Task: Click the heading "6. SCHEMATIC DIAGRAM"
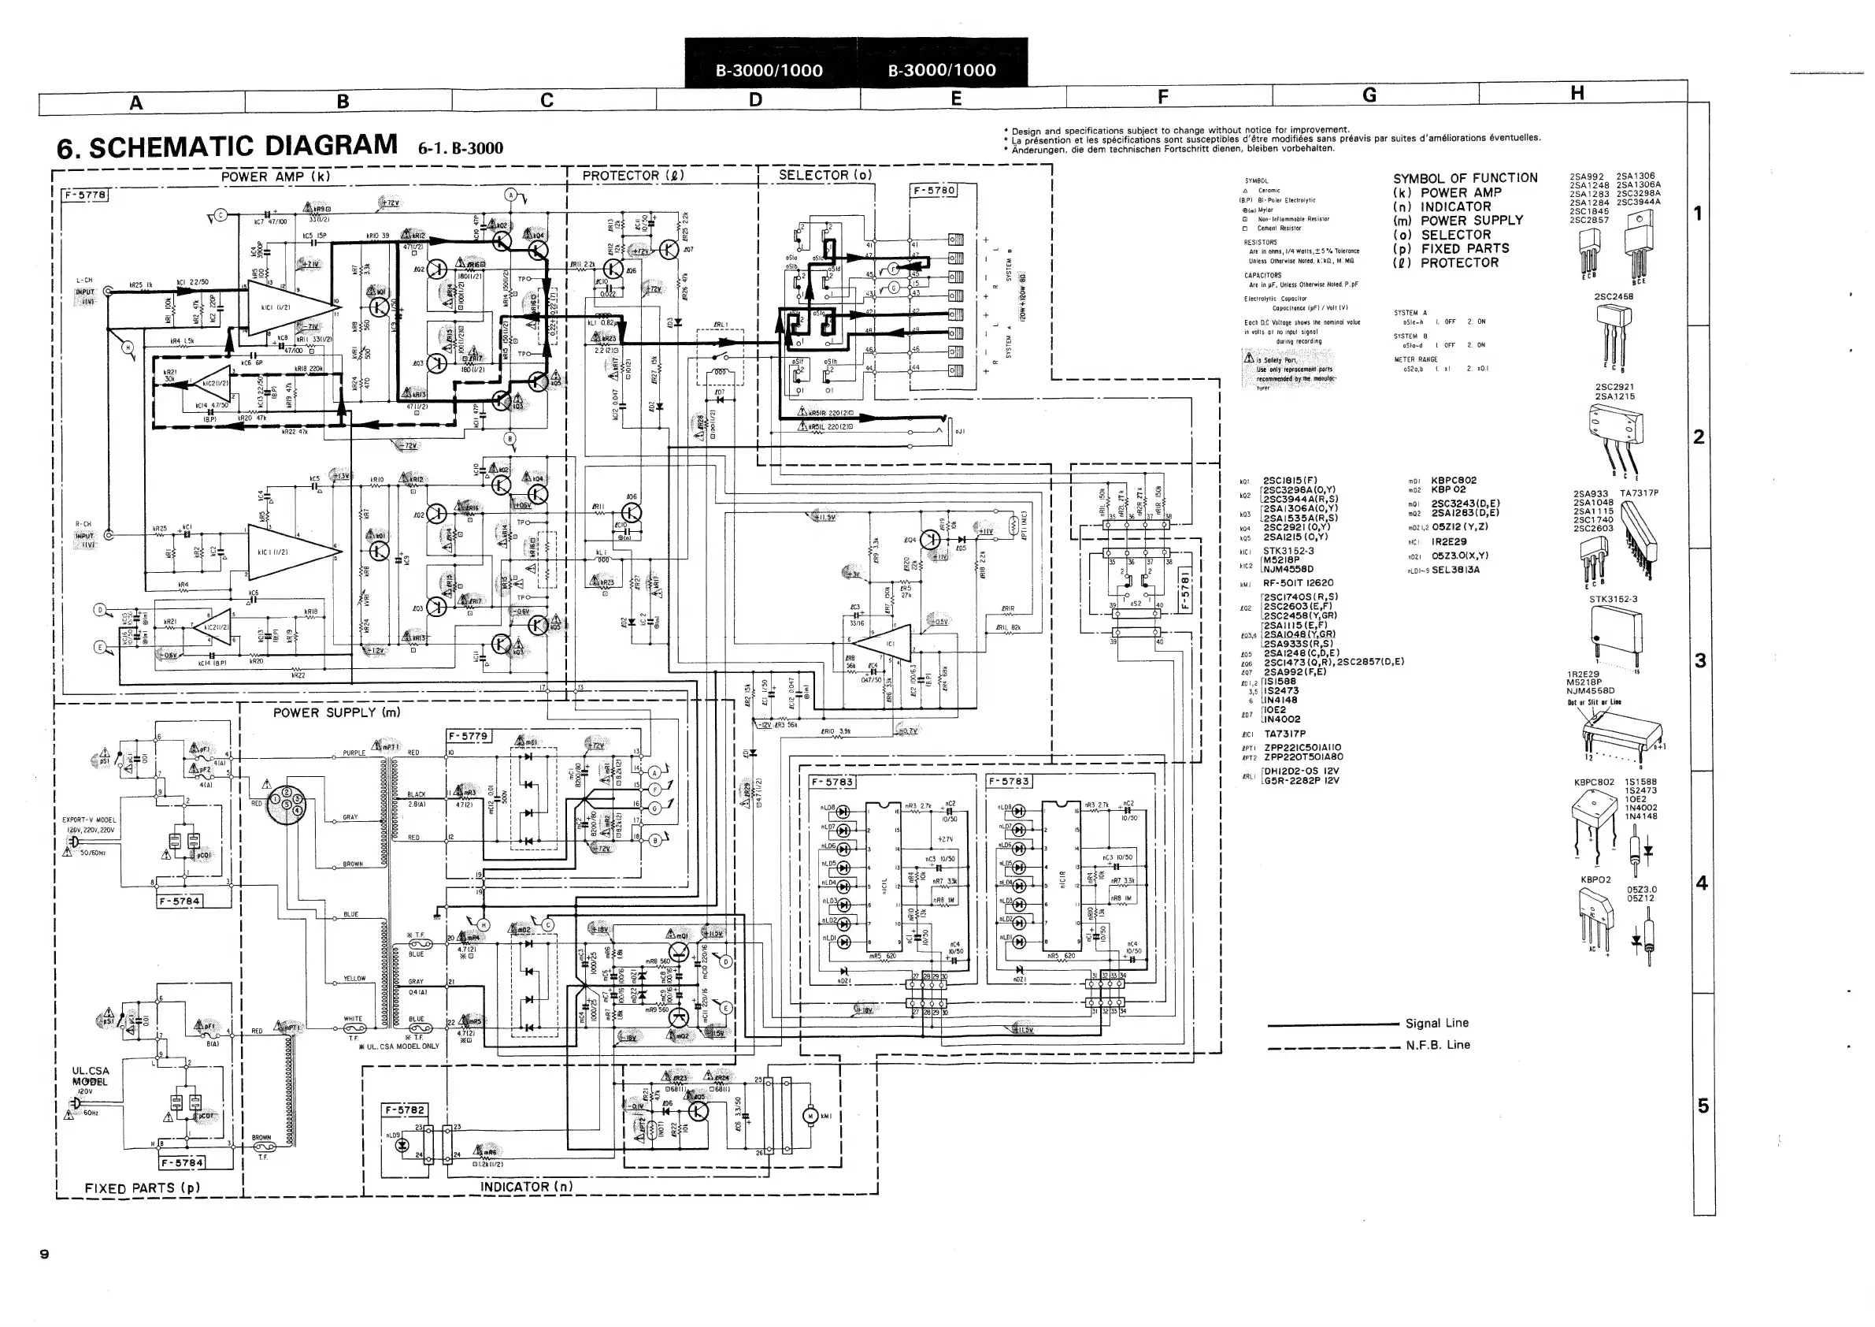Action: click(x=227, y=147)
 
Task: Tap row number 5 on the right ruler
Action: click(x=1703, y=1106)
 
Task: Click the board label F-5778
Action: click(x=84, y=195)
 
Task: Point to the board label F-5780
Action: click(x=932, y=191)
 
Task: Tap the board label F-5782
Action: click(x=404, y=1110)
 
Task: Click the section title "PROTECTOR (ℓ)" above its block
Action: click(x=633, y=176)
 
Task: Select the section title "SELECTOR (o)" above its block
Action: click(x=824, y=175)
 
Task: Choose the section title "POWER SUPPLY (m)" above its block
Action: click(x=336, y=712)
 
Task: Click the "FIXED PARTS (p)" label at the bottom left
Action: click(x=142, y=1188)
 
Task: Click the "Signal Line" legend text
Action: click(x=1436, y=1023)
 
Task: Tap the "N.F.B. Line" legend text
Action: click(x=1437, y=1045)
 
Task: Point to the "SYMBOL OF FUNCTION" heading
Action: click(x=1465, y=178)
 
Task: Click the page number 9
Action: click(x=44, y=1255)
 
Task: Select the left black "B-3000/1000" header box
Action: click(x=769, y=70)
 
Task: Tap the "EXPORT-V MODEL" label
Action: click(x=90, y=820)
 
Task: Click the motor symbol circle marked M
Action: click(x=811, y=1115)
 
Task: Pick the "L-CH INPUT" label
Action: click(x=85, y=286)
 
